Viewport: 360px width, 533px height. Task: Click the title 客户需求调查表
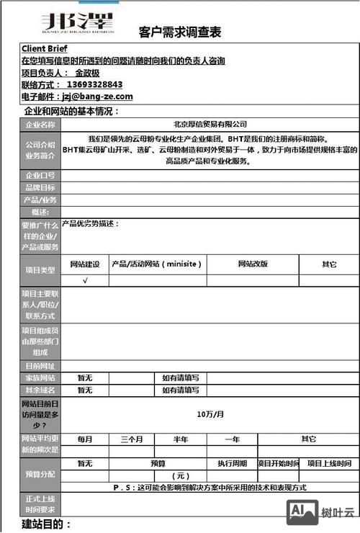click(179, 32)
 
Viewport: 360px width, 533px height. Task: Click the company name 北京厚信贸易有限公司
click(210, 124)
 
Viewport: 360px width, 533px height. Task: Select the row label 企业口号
click(40, 175)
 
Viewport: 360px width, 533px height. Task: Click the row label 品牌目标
click(40, 187)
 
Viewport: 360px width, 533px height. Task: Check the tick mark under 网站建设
click(85, 279)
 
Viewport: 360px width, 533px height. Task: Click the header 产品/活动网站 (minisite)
click(157, 264)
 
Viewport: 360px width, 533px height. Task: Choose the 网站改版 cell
click(253, 264)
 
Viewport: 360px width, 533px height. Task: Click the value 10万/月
click(210, 414)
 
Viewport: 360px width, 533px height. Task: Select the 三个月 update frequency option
click(132, 439)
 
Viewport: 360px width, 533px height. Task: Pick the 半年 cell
click(181, 439)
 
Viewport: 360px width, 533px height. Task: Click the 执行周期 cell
click(233, 463)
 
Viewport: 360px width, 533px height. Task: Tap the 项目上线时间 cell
click(329, 463)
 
